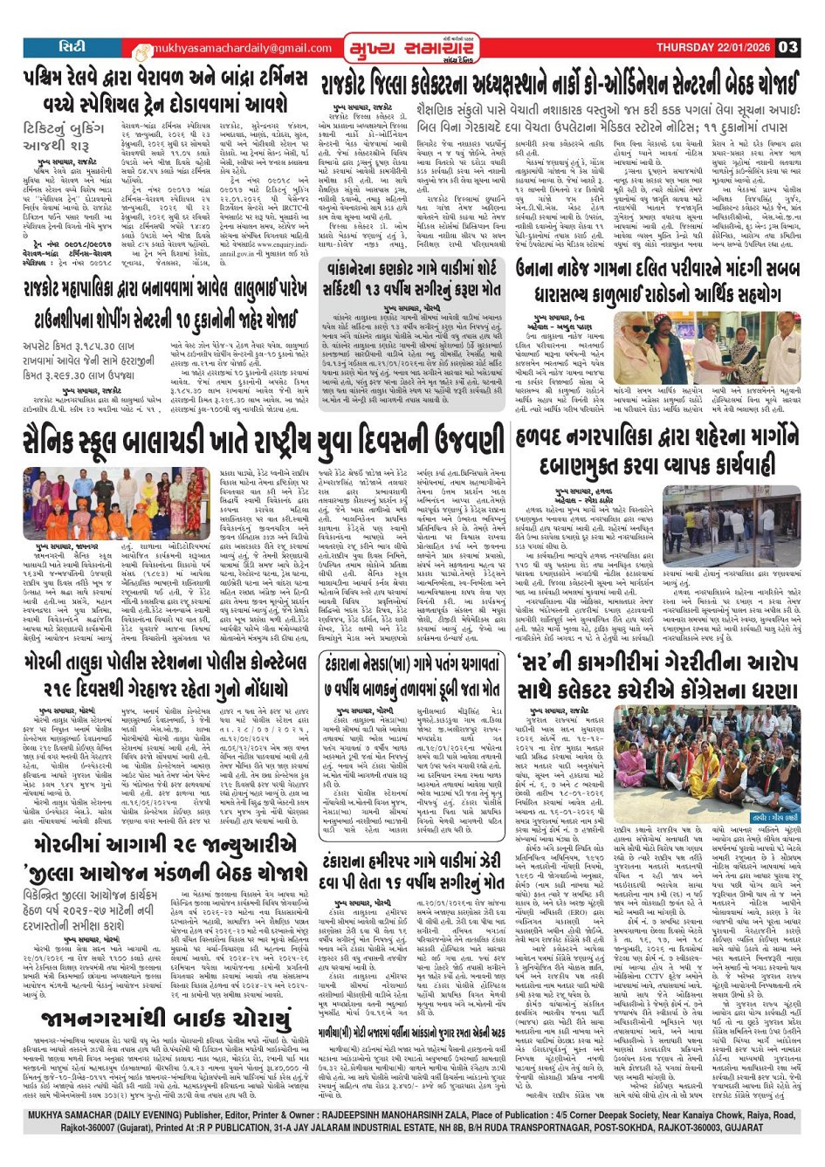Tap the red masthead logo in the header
point(411,48)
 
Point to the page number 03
point(787,47)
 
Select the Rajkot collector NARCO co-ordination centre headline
point(559,84)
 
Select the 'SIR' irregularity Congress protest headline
point(657,676)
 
